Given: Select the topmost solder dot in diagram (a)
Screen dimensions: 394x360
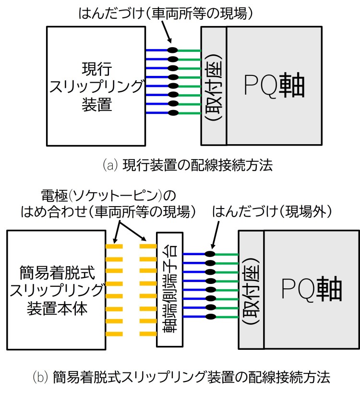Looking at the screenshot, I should click(172, 50).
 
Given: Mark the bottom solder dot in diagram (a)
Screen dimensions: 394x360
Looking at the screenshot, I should click(172, 113).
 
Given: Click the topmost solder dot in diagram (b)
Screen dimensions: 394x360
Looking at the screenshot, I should click(209, 254).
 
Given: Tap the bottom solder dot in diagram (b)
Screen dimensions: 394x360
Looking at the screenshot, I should click(209, 316).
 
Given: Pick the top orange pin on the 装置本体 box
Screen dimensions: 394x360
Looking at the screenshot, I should click(114, 247).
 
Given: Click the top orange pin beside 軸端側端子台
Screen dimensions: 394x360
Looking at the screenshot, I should click(148, 247).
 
